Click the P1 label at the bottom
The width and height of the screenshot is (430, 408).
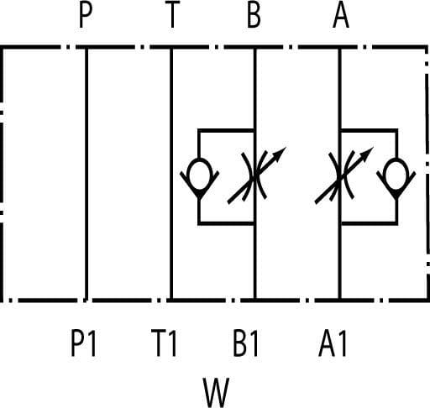click(x=83, y=343)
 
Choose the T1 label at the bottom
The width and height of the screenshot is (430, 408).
click(x=164, y=343)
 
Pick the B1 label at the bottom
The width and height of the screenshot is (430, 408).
click(x=246, y=343)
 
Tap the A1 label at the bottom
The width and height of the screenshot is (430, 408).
click(x=333, y=343)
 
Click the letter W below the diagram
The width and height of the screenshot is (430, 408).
click(x=216, y=393)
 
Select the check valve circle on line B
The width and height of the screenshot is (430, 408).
click(x=199, y=175)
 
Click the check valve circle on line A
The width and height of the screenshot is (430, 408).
click(x=396, y=175)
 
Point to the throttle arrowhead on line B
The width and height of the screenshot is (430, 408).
click(x=280, y=154)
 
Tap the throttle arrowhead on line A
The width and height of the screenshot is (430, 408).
click(x=367, y=154)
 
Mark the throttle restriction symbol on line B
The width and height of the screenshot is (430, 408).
click(x=254, y=175)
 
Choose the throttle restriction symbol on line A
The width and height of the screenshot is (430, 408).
click(x=340, y=175)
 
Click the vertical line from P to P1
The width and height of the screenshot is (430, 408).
click(x=87, y=174)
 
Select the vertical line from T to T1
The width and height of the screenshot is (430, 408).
click(x=171, y=174)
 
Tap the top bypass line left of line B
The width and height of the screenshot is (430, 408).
click(x=226, y=131)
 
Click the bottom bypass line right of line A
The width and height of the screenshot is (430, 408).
click(x=370, y=223)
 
